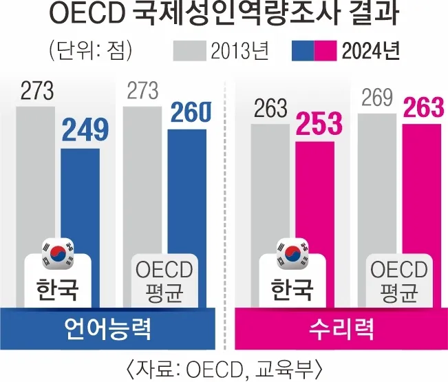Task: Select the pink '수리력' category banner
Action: click(x=337, y=329)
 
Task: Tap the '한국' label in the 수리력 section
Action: click(x=292, y=290)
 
